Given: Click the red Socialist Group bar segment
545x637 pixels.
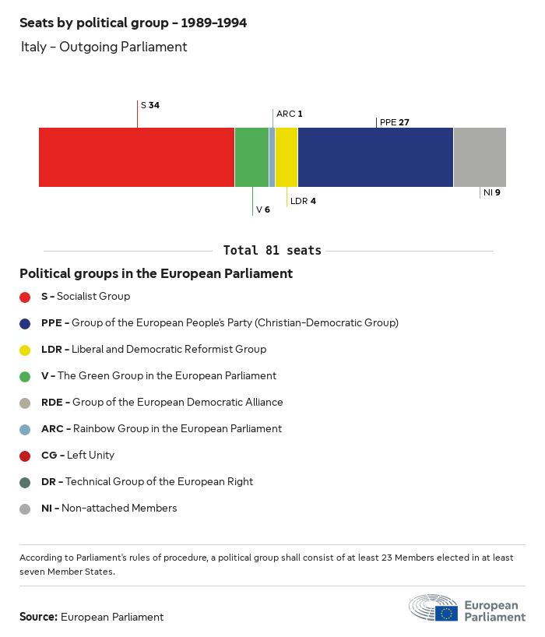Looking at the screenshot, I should click(x=136, y=157).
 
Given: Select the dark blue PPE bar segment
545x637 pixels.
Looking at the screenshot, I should click(x=375, y=157).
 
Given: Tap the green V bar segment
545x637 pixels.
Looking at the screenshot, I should click(x=251, y=157).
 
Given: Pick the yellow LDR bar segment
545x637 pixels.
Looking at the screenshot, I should click(x=286, y=157).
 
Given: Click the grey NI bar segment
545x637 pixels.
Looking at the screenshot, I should click(x=480, y=157).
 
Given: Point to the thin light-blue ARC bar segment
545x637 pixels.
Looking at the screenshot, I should click(x=272, y=157).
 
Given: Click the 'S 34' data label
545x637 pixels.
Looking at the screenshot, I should click(x=150, y=105).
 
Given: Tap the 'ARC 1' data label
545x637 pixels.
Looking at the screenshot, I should click(x=290, y=114).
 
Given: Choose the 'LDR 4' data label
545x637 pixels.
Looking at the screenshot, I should click(x=303, y=201).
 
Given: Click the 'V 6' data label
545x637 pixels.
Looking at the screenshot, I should click(x=263, y=209).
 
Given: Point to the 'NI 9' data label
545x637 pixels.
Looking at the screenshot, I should click(x=491, y=192).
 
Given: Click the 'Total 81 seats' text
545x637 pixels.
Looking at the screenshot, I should click(x=272, y=251).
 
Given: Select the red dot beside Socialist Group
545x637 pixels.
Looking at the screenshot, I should click(x=25, y=297).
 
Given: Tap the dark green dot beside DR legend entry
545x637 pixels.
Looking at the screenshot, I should click(x=25, y=482).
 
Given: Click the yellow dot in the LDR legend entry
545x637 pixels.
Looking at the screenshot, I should click(x=25, y=350).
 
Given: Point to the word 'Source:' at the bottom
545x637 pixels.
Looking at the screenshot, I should click(x=38, y=617).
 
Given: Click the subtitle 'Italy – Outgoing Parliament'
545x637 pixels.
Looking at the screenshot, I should click(x=104, y=47).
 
